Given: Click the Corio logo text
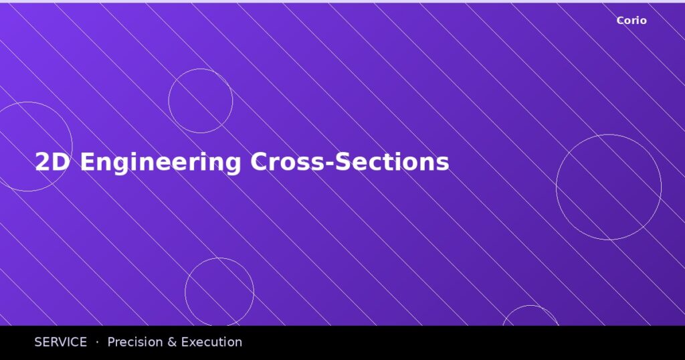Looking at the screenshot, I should click(631, 21).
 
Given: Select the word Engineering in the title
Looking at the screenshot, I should click(161, 163).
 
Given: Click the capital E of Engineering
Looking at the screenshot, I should click(87, 163).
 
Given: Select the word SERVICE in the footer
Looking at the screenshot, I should click(61, 342).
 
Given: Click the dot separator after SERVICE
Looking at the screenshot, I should click(97, 342).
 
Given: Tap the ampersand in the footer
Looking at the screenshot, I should click(172, 342).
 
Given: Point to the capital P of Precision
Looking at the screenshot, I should click(112, 342).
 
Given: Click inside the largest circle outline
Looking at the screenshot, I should click(609, 187).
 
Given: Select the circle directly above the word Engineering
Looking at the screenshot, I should click(201, 101).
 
